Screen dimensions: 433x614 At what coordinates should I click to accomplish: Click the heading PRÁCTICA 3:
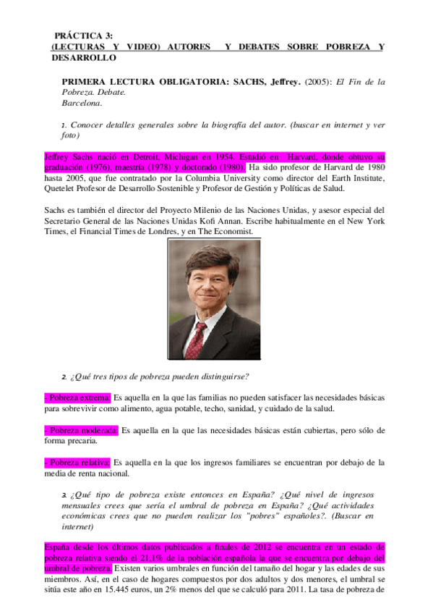coord(83,35)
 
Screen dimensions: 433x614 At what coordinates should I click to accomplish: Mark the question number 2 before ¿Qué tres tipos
coord(64,376)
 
